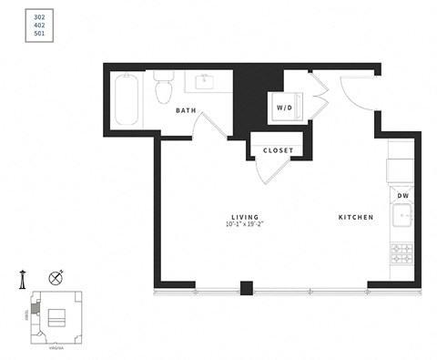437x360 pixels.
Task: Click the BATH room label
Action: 186,110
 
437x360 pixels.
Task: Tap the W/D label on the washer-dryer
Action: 284,108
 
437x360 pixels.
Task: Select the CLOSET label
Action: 277,150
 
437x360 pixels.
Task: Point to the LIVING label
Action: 245,217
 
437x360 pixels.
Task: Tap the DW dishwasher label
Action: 401,195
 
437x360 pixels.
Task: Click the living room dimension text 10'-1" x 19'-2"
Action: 245,225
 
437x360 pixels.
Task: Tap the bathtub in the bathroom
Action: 128,101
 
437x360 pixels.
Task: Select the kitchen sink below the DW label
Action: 401,217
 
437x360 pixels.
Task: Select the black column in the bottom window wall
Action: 245,288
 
